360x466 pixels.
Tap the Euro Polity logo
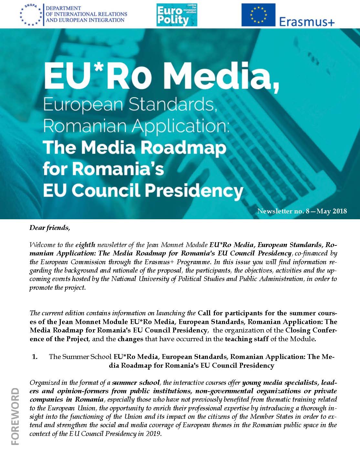coord(176,15)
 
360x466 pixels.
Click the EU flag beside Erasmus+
coord(258,15)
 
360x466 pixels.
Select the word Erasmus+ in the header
coord(306,21)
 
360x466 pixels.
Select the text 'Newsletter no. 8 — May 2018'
coord(302,211)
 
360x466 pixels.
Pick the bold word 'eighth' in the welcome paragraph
coord(85,244)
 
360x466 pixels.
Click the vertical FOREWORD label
coord(15,417)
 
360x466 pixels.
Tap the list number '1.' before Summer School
coord(35,357)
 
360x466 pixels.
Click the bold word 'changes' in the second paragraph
coord(130,339)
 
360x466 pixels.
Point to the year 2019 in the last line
coord(154,434)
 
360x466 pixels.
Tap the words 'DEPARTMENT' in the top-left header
coord(63,8)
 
